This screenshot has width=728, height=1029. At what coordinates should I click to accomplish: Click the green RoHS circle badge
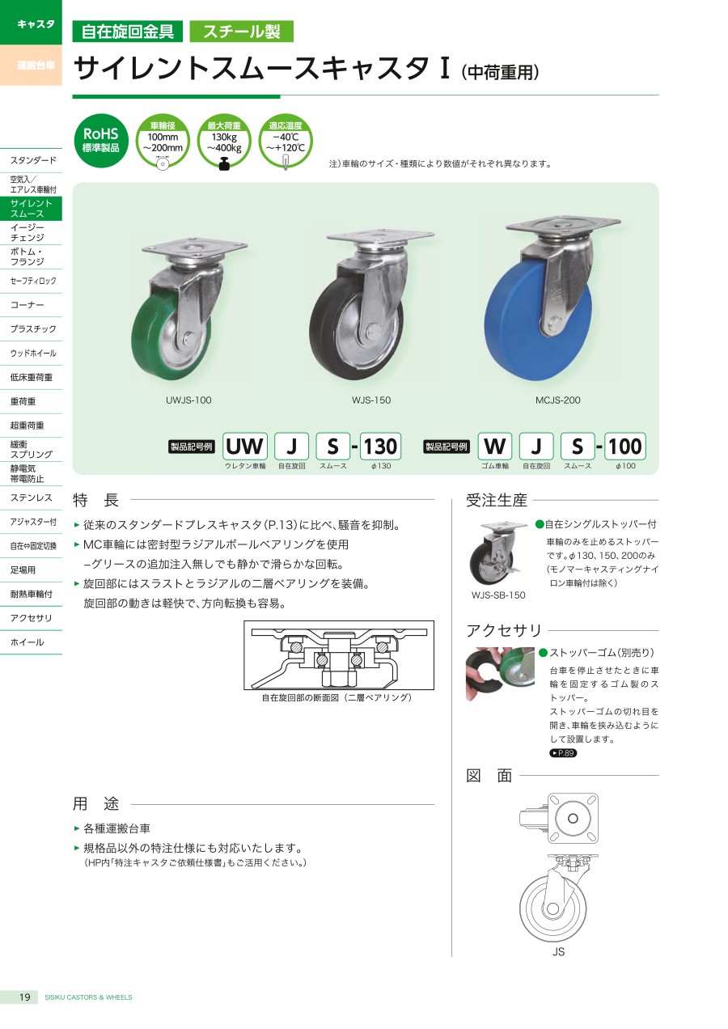(100, 141)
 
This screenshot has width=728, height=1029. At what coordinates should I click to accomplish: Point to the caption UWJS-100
(188, 400)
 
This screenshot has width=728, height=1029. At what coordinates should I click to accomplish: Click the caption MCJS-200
(557, 400)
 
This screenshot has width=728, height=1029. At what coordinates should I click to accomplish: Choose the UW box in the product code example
(245, 446)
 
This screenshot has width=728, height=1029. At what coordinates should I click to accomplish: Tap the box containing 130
(380, 446)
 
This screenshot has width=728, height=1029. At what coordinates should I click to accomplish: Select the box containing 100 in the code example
(624, 446)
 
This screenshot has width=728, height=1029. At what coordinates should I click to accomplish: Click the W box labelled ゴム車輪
(495, 446)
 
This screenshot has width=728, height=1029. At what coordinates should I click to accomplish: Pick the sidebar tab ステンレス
(32, 498)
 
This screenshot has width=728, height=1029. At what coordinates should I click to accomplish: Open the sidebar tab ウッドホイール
(32, 354)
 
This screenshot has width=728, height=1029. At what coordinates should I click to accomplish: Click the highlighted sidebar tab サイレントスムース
(32, 209)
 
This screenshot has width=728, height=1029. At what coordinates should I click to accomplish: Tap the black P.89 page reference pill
(563, 753)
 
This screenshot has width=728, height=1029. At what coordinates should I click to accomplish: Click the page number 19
(24, 997)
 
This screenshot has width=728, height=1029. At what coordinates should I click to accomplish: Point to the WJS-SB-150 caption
(498, 595)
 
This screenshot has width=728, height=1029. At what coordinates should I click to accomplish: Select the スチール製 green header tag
(242, 32)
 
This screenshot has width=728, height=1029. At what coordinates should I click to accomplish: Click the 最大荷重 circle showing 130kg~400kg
(224, 141)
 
